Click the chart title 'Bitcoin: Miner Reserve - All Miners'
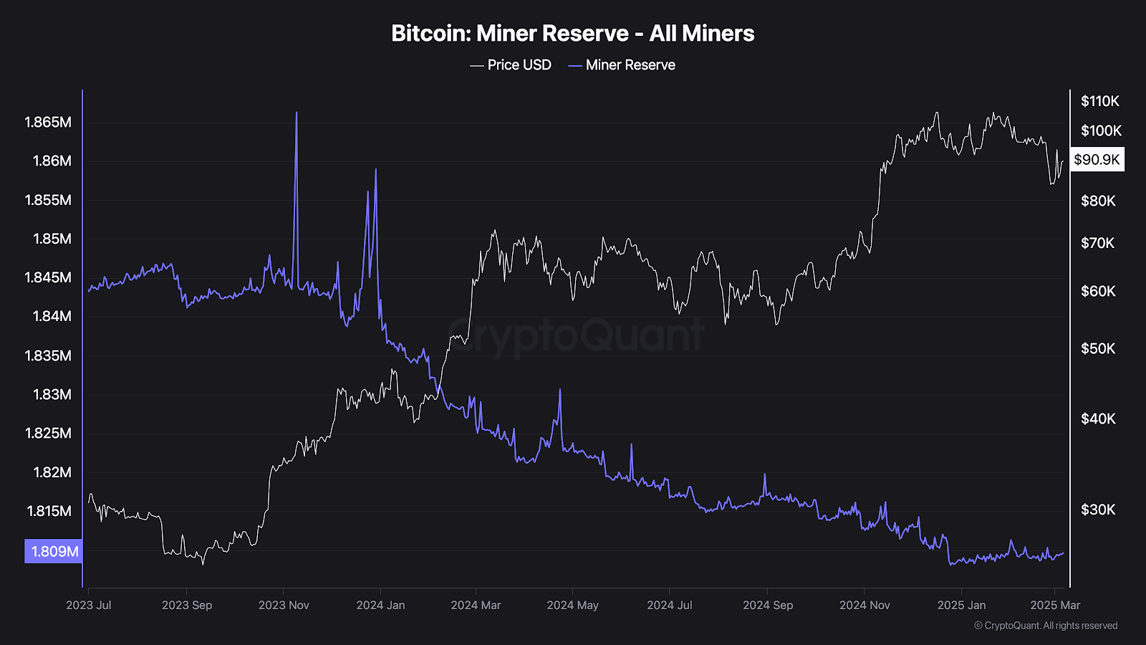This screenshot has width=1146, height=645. click(x=572, y=33)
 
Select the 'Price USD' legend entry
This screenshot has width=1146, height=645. click(x=511, y=65)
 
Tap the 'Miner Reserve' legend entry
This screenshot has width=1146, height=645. click(x=622, y=65)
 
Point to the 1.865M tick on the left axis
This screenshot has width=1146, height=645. click(x=48, y=123)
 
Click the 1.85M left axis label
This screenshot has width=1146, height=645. click(x=52, y=239)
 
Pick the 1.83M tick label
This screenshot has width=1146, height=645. click(x=52, y=395)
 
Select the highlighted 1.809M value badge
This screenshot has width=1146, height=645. click(x=53, y=551)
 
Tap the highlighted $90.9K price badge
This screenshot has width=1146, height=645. click(x=1097, y=160)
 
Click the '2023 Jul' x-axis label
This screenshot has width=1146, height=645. click(x=89, y=605)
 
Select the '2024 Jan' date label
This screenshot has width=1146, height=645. click(x=380, y=605)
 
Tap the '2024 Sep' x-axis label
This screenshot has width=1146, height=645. click(x=768, y=605)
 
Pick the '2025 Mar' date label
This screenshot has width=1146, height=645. click(x=1055, y=605)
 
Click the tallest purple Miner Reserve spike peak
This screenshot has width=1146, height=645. click(x=297, y=112)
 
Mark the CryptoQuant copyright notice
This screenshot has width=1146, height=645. click(x=1046, y=626)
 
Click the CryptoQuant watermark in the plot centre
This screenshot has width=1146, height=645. click(x=576, y=336)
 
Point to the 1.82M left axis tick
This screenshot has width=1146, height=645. click(x=52, y=472)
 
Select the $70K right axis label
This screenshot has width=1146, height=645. click(x=1097, y=243)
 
